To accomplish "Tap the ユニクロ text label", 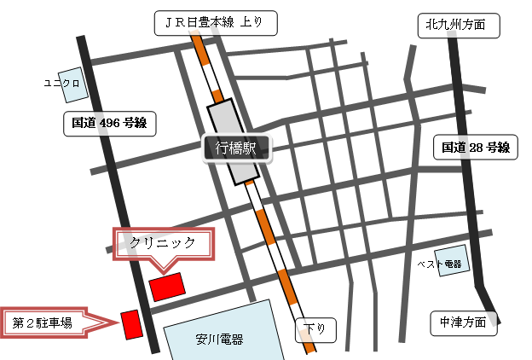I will (61, 83).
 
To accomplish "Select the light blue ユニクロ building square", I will (72, 85).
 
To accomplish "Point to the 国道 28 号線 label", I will (475, 147).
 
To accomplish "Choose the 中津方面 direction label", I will (463, 322).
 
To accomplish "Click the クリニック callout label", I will (164, 243).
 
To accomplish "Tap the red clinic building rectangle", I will (166, 285).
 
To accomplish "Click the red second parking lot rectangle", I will (130, 324).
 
